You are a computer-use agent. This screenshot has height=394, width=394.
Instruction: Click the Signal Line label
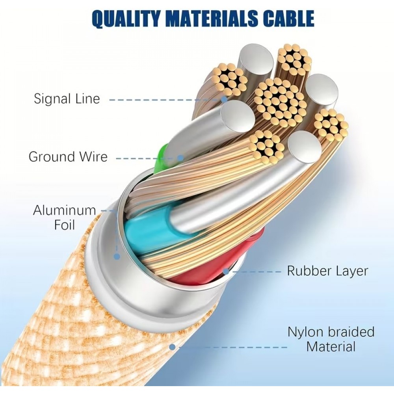click(67, 98)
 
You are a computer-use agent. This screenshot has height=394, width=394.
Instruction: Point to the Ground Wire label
click(68, 157)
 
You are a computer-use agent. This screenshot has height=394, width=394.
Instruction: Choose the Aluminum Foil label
click(64, 217)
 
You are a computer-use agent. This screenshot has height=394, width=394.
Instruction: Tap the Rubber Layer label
click(327, 271)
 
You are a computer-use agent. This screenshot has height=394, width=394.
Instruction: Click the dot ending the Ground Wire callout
click(180, 158)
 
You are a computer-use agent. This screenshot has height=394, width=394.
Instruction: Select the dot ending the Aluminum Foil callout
click(117, 256)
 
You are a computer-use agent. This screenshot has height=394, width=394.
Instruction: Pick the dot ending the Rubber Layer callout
click(226, 271)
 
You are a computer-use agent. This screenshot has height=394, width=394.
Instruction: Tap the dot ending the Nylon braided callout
click(172, 347)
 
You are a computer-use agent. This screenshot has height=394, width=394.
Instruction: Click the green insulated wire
click(160, 160)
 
